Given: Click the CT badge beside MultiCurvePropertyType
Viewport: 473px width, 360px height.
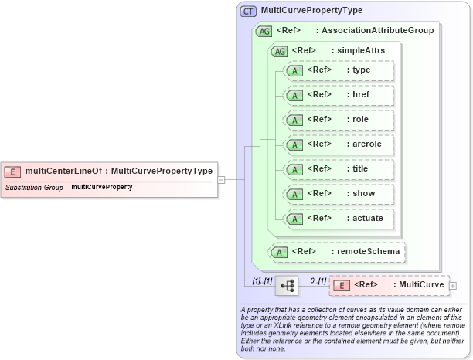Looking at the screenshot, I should point(249,12).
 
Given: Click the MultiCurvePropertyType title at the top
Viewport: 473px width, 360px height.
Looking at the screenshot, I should point(311,12).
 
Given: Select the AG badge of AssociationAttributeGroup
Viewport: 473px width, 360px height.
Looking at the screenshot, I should point(264,32).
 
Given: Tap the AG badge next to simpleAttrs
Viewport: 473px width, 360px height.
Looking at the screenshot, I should point(277,50).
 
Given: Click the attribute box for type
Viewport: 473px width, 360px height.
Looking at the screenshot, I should point(339,70).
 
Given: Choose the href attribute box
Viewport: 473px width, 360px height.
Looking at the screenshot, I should point(339,95).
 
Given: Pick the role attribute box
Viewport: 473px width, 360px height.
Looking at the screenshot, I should point(339,120).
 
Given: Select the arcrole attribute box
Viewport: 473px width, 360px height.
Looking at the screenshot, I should point(339,144).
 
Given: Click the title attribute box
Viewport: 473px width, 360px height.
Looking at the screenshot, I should point(339,169).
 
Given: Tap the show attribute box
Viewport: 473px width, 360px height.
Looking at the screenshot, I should point(339,194).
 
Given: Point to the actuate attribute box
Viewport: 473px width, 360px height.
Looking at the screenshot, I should point(339,219).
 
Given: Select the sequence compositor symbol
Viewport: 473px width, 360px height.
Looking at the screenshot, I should point(288,285).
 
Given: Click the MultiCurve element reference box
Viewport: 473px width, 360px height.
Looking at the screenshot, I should point(389,285).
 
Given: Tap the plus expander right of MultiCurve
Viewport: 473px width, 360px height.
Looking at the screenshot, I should point(453,285).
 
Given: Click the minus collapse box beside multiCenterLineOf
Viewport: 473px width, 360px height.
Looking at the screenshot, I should point(221,179).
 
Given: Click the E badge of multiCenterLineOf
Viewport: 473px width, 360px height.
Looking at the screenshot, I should point(13,172).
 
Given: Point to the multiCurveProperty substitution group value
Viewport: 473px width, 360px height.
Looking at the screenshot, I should point(102,187).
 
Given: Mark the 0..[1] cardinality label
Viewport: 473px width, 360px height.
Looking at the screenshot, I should point(318,280).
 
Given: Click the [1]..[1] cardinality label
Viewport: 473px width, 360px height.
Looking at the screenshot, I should point(260,280).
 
